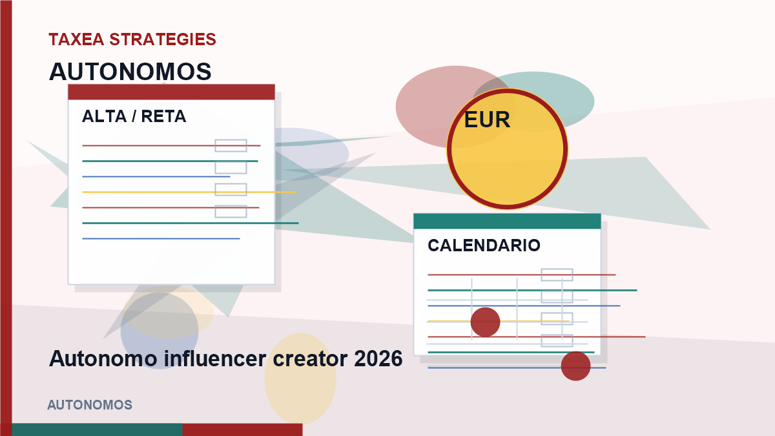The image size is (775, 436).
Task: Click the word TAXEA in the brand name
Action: click(76, 39)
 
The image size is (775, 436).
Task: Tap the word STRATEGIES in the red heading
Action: click(163, 39)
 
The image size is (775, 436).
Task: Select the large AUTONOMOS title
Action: click(130, 72)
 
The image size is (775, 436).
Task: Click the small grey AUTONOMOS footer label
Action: click(90, 405)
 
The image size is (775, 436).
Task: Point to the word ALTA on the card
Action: click(104, 116)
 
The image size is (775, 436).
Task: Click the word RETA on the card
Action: click(163, 116)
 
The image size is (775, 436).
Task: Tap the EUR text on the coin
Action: click(487, 119)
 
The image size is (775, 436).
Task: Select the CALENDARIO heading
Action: click(484, 245)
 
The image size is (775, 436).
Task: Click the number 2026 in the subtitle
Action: click(378, 358)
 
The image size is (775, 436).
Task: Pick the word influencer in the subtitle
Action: click(215, 358)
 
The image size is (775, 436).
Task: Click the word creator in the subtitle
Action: click(311, 358)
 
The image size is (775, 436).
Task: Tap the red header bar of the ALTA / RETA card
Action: click(171, 92)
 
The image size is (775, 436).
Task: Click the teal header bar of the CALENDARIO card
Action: click(507, 221)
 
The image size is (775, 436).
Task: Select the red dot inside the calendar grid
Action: click(486, 322)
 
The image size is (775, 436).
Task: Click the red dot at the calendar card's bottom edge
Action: click(575, 366)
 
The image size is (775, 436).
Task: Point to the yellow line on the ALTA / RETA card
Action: click(189, 192)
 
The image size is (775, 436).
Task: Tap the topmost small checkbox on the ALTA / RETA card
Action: click(231, 146)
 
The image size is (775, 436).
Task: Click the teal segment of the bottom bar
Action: click(98, 430)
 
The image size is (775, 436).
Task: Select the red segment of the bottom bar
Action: click(243, 430)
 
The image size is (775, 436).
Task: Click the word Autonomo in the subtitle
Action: click(103, 358)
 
